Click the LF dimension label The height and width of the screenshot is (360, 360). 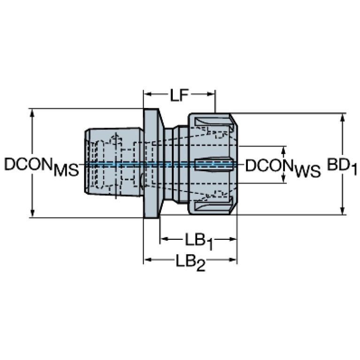click(x=179, y=95)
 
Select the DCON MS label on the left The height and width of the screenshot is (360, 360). click(x=42, y=166)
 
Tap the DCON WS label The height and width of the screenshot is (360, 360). click(x=283, y=168)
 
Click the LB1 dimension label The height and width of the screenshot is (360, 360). click(x=199, y=242)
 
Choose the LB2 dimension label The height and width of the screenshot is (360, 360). click(x=191, y=263)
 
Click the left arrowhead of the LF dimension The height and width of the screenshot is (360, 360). click(x=147, y=94)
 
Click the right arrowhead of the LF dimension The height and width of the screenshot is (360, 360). click(x=211, y=94)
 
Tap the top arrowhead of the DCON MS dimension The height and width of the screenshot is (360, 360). click(x=32, y=113)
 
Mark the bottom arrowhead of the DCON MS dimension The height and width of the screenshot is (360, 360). click(x=32, y=213)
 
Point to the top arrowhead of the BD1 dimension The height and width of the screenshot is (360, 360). click(x=343, y=117)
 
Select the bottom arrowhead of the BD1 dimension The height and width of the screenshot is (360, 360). click(x=343, y=211)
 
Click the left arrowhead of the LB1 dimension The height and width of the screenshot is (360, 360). click(x=164, y=239)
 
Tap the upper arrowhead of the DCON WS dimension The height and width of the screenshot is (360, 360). click(x=284, y=150)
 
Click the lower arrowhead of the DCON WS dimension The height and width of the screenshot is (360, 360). click(x=284, y=179)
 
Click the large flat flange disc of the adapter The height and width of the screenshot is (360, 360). click(x=151, y=163)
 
